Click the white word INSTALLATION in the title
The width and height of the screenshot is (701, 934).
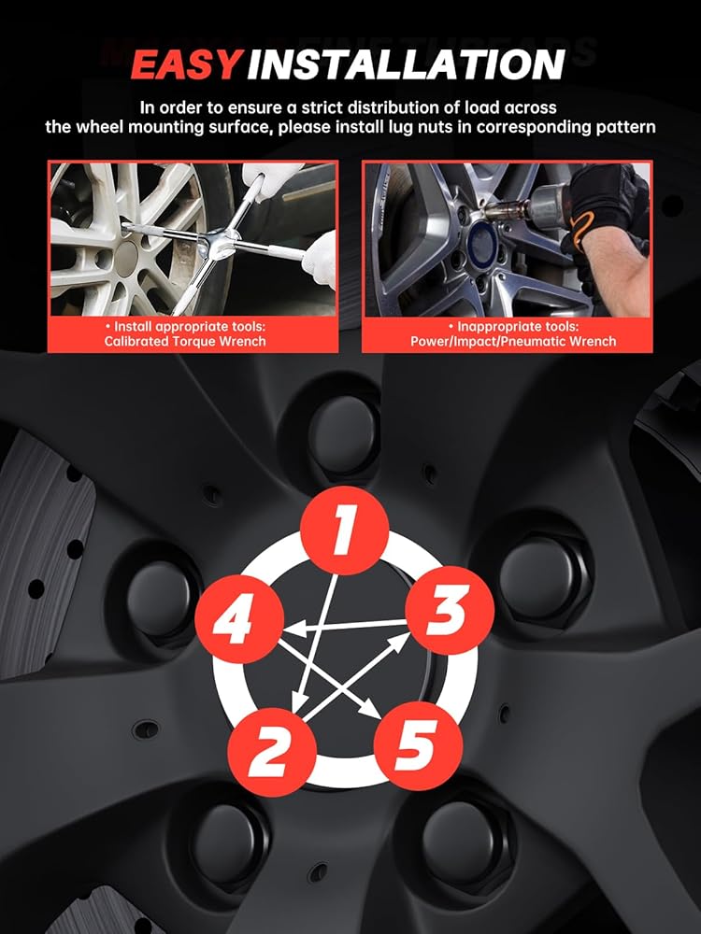[406, 64]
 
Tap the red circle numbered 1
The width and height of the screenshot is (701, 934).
[344, 531]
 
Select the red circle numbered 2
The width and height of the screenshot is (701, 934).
[272, 752]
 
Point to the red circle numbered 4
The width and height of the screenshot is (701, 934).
[239, 619]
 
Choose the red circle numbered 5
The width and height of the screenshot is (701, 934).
[418, 745]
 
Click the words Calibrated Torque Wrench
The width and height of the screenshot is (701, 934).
[185, 341]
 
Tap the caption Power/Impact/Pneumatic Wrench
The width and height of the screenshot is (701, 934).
[513, 341]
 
